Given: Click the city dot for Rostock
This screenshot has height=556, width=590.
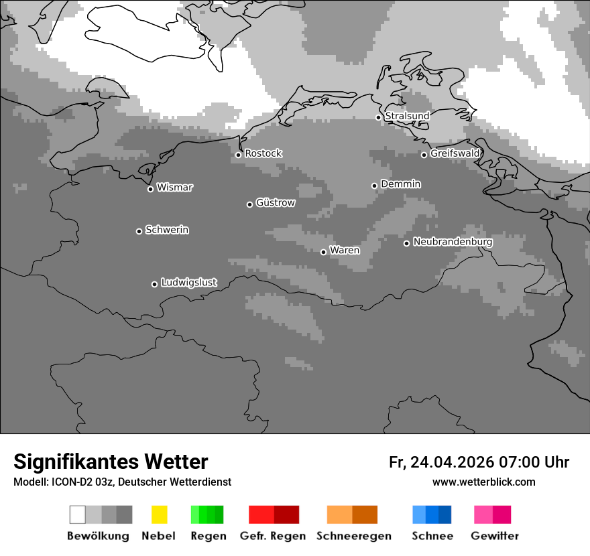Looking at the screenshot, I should point(238,155).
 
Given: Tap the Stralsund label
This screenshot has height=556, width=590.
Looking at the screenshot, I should point(407,116).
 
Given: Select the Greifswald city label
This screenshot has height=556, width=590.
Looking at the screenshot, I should point(455,153).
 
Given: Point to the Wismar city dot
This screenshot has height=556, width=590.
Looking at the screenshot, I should point(150,189).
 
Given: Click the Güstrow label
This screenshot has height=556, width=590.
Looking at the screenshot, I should point(276,202).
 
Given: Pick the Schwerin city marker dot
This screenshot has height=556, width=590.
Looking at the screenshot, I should point(139,231).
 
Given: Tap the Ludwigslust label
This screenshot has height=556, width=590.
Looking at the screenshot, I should point(188,283).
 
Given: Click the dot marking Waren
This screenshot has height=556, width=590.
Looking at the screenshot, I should point(323,252).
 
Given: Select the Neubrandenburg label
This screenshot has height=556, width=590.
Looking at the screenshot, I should point(453,242).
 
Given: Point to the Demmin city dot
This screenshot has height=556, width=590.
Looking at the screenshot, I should point(374,186).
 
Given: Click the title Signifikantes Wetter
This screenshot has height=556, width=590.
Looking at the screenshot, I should point(111,462).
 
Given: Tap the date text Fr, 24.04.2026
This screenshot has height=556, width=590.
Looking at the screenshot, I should point(441,462).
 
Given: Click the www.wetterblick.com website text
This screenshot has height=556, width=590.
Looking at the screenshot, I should point(483,482).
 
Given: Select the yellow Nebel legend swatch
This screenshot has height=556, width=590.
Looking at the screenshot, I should point(159,514).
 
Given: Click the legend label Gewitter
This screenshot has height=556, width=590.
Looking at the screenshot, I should point(494,536).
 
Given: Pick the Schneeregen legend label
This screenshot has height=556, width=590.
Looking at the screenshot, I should point(353,536).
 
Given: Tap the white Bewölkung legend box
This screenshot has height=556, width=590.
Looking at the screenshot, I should point(78,514).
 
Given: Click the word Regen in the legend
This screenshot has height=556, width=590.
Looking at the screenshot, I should point(209,536).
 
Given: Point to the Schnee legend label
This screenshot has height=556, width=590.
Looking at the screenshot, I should point(432,536).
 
